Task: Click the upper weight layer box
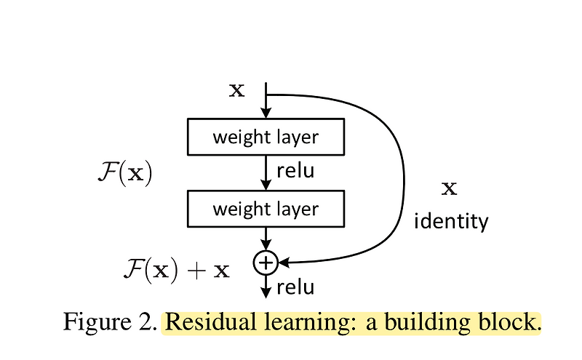coord(266,137)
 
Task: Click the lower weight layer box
coord(266,209)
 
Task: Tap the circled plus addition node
coord(266,260)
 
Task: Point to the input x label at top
coord(237,90)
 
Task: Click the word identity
coord(451,221)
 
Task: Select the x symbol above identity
coord(450,190)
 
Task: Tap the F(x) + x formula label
coord(175,271)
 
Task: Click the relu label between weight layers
coord(296,172)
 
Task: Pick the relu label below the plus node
coord(296,287)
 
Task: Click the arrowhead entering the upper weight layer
coord(266,113)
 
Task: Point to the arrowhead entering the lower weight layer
coord(266,186)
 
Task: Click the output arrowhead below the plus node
coord(266,292)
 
